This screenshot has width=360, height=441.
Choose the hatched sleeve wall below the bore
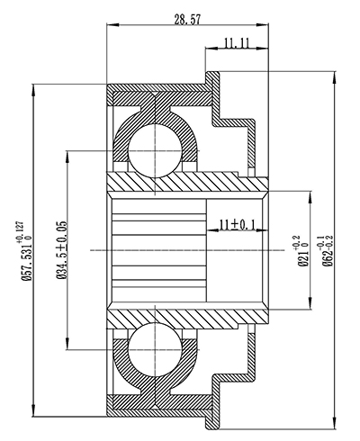[x=189, y=316]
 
